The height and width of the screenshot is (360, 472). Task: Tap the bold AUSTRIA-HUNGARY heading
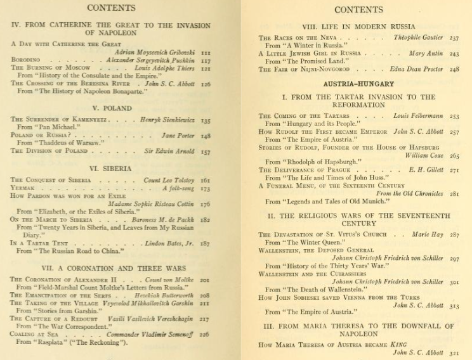tap(358, 84)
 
